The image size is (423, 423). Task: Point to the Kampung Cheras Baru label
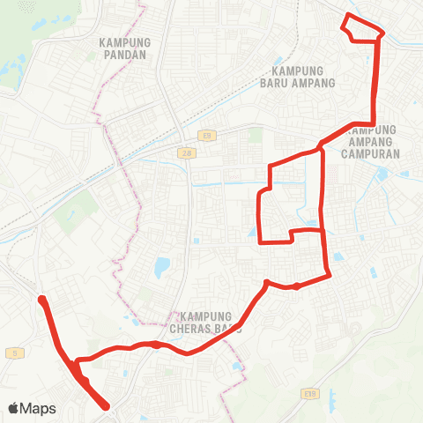pyautogui.click(x=209, y=323)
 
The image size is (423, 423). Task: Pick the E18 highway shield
pyautogui.click(x=308, y=393)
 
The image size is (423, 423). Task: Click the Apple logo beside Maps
pyautogui.click(x=14, y=408)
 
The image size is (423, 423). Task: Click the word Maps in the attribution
pyautogui.click(x=41, y=408)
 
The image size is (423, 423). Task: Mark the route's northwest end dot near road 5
pyautogui.click(x=41, y=300)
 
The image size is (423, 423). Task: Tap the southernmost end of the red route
pyautogui.click(x=107, y=406)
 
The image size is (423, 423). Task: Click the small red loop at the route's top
pyautogui.click(x=362, y=29)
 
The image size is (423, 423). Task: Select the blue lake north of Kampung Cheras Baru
pyautogui.click(x=160, y=266)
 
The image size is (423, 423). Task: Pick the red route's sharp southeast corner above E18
pyautogui.click(x=329, y=275)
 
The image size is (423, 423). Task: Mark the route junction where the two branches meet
pyautogui.click(x=322, y=148)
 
